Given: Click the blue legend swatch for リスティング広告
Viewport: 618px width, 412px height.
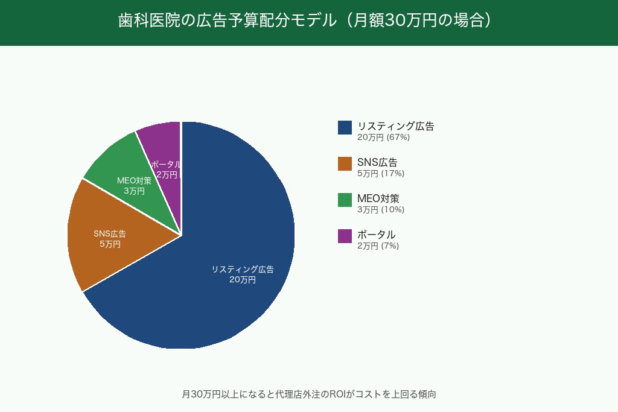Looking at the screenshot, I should pyautogui.click(x=345, y=127).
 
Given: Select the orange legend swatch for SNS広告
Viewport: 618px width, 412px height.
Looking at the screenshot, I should pyautogui.click(x=345, y=163).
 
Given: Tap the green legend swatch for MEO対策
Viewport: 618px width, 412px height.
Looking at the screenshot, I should pyautogui.click(x=345, y=200).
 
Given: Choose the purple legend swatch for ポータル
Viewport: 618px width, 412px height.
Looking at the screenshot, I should pyautogui.click(x=345, y=236).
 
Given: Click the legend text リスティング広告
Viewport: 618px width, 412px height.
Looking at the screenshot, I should pyautogui.click(x=395, y=126).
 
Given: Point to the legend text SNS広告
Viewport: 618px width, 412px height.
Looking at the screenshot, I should pyautogui.click(x=377, y=162).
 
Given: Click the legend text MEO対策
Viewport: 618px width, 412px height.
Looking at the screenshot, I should pyautogui.click(x=378, y=198).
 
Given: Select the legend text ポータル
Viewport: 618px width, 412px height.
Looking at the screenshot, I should pyautogui.click(x=376, y=235).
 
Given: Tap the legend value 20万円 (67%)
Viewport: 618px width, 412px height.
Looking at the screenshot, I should pyautogui.click(x=383, y=138).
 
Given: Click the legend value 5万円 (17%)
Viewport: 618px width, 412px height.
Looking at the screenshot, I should pyautogui.click(x=381, y=174).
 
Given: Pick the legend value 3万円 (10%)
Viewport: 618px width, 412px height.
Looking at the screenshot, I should pyautogui.click(x=381, y=210).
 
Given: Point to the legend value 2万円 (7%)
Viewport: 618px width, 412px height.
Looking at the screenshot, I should pyautogui.click(x=378, y=246).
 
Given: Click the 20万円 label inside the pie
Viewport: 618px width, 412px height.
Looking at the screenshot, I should pyautogui.click(x=243, y=280).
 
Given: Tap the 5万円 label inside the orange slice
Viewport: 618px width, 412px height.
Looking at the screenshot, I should pyautogui.click(x=110, y=244).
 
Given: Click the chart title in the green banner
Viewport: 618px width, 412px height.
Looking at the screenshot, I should pyautogui.click(x=308, y=21).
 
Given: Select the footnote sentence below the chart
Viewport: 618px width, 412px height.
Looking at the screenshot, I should pyautogui.click(x=308, y=395).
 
